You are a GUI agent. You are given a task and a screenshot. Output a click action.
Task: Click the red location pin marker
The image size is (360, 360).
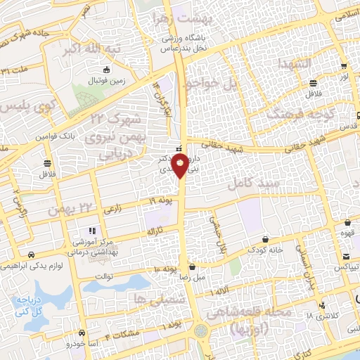pyautogui.click(x=180, y=166)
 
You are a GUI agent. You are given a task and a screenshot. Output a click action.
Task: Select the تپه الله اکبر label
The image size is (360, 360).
pyautogui.click(x=107, y=49)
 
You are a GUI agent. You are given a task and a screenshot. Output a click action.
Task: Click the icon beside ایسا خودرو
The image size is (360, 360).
pyautogui.click(x=83, y=333)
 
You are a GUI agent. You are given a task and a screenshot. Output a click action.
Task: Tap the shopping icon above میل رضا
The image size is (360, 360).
pyautogui.click(x=193, y=267)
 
